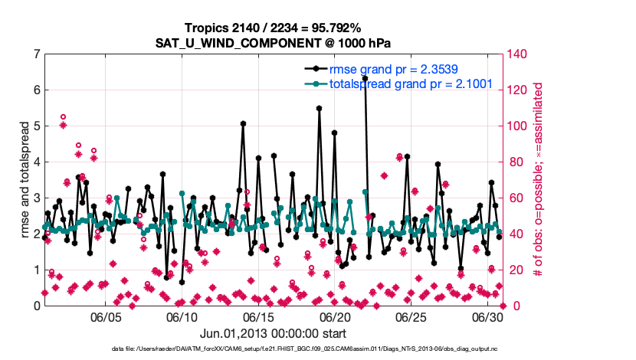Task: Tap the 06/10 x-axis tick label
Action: coord(182,317)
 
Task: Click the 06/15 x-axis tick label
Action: coord(258,317)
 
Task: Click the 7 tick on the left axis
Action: coord(36,54)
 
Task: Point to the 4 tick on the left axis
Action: coord(36,162)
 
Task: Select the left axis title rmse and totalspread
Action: coord(24,179)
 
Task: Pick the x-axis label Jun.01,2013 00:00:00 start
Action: coord(274,333)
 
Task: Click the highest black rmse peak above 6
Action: coord(365,78)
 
